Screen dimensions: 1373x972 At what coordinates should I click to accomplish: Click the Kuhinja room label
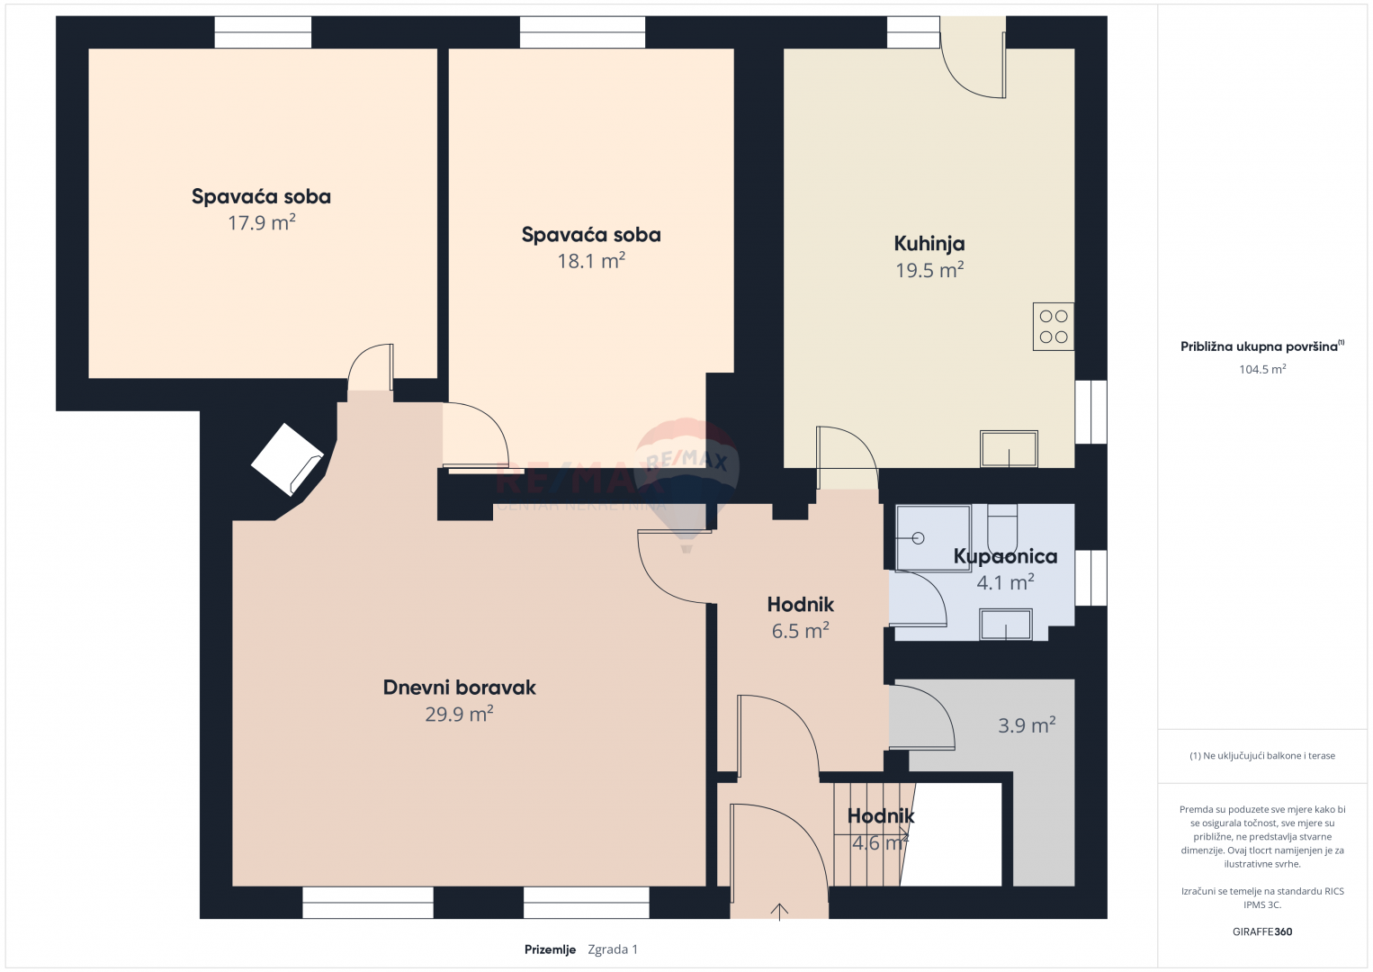click(929, 244)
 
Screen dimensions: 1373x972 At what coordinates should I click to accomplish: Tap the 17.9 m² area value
click(262, 222)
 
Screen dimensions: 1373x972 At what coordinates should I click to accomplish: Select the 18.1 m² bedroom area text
click(591, 261)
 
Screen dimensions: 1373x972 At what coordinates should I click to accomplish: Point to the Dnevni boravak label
click(459, 688)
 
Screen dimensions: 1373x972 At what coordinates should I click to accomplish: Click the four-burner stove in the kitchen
click(1053, 326)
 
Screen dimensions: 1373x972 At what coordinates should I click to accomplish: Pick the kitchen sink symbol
click(1009, 449)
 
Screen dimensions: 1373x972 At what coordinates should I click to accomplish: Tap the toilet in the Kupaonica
click(1002, 521)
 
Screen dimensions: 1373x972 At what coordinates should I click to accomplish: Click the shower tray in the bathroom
click(933, 538)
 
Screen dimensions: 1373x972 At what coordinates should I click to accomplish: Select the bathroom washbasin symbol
click(1006, 625)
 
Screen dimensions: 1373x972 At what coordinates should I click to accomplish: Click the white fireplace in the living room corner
click(287, 459)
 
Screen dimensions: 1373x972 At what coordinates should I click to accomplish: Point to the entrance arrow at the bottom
click(779, 912)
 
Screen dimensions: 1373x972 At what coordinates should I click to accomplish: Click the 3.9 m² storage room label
click(1027, 724)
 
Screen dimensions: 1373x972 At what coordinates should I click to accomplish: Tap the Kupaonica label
click(1005, 556)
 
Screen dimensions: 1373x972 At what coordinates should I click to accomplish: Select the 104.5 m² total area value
click(1262, 369)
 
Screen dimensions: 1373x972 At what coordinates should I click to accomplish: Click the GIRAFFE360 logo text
click(1262, 931)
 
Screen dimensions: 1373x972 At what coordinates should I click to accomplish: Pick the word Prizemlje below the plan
click(550, 949)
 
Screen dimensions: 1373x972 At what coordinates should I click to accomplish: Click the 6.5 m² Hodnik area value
click(801, 630)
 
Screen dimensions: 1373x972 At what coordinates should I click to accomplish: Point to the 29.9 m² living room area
click(459, 714)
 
